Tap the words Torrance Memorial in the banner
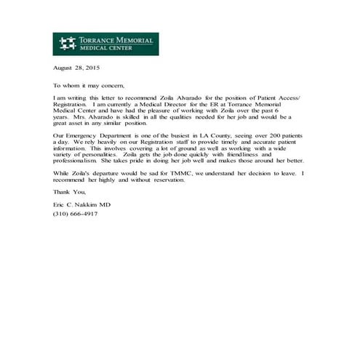click(116, 40)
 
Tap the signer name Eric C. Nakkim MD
click(81, 206)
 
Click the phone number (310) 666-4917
click(75, 214)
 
